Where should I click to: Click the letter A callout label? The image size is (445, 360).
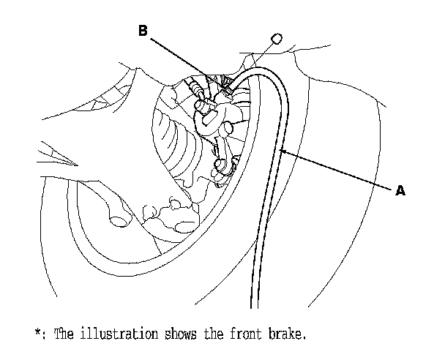[400, 190]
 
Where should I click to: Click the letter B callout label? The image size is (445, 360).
[144, 30]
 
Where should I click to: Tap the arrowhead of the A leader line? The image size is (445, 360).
[282, 151]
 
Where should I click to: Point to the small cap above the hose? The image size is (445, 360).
[277, 40]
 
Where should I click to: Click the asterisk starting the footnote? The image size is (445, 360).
[37, 334]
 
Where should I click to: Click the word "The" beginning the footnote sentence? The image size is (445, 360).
[61, 334]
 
